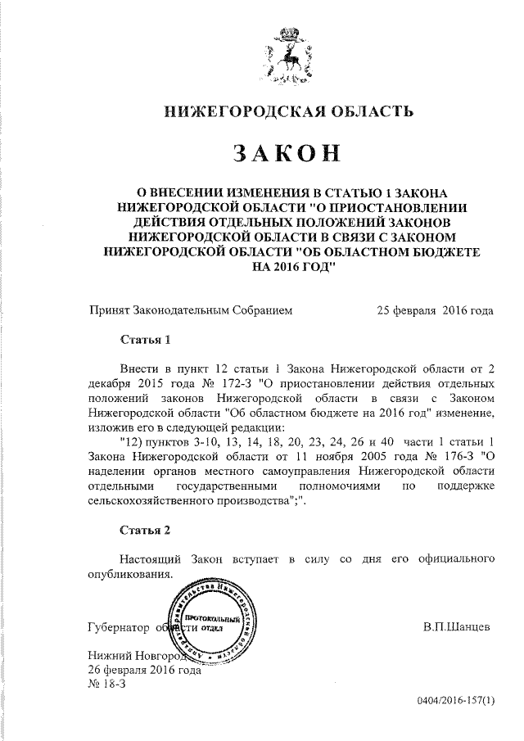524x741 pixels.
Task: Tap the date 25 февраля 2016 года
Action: click(435, 310)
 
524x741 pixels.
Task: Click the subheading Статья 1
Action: click(145, 338)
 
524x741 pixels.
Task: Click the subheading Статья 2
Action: click(145, 531)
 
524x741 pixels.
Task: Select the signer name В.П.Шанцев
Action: click(457, 627)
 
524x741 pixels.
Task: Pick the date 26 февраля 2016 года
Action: click(144, 669)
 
